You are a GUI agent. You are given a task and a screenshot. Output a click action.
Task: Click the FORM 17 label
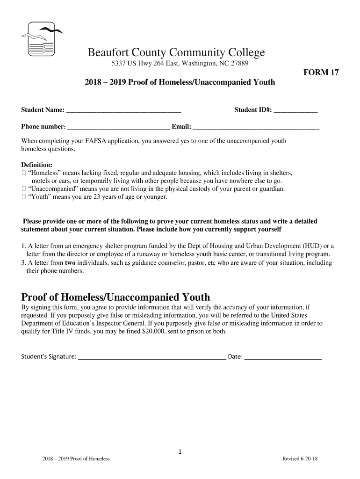pos(321,73)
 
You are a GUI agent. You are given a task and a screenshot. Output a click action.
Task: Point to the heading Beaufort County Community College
pos(176,53)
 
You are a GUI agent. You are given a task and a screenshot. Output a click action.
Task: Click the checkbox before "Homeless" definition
pos(23,173)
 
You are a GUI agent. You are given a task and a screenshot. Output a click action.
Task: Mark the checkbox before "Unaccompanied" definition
pos(23,189)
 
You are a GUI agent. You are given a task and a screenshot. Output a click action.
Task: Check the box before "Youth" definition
pos(23,197)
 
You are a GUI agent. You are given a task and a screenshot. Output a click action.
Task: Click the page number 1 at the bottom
pos(180,451)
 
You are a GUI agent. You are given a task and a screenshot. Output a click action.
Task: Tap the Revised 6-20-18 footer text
pos(300,459)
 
